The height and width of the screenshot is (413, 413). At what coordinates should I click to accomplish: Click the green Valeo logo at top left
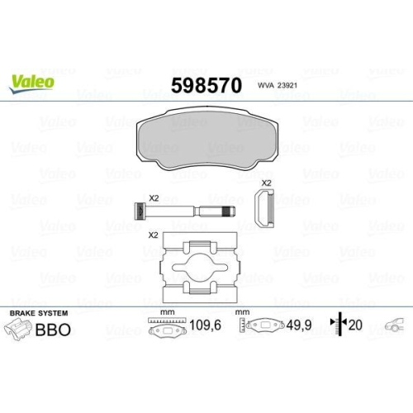point(32,81)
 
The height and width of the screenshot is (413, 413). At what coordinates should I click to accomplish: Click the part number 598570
point(206,85)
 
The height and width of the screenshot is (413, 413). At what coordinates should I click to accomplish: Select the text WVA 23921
point(276,86)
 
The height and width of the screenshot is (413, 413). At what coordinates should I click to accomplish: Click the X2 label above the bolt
point(153,197)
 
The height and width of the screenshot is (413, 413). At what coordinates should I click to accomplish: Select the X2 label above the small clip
point(266,183)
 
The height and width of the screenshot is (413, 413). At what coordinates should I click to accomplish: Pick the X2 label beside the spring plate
point(153,235)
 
